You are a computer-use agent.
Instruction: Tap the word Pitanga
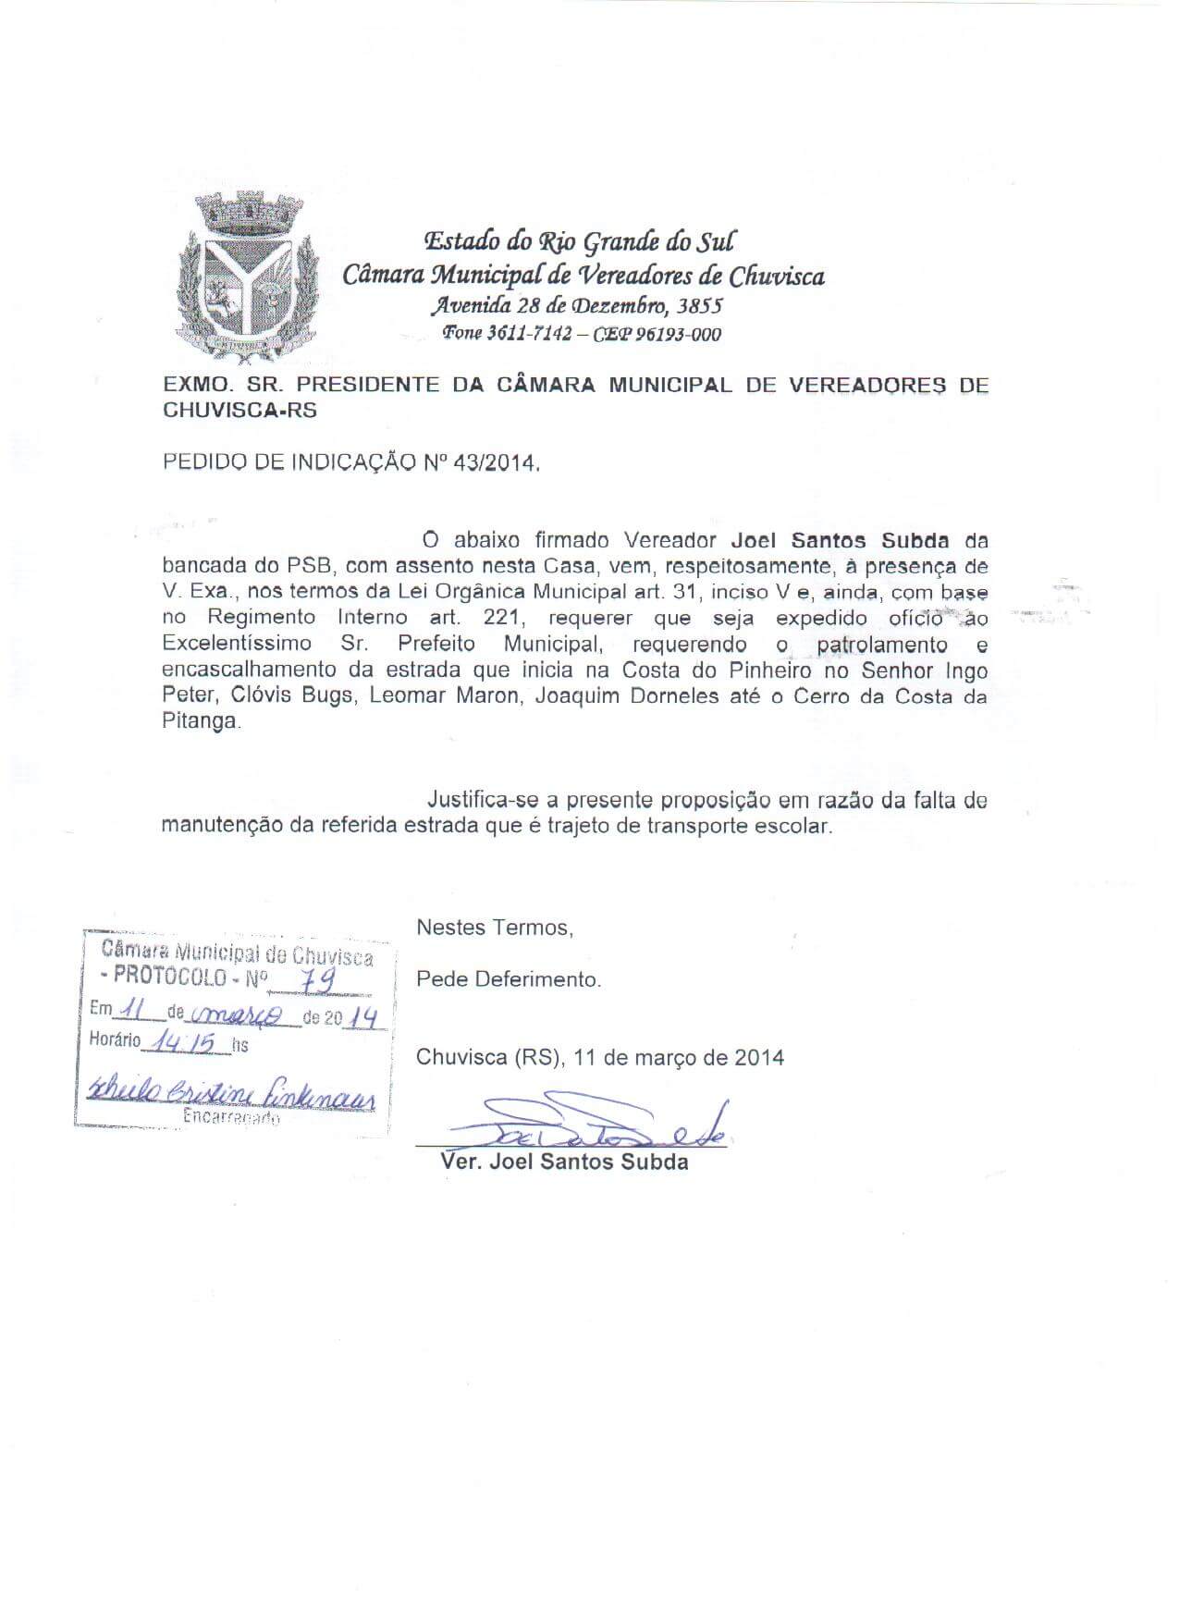tap(200, 723)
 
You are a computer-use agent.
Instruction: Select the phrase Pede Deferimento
tap(509, 979)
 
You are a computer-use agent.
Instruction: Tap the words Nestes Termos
tap(495, 928)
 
